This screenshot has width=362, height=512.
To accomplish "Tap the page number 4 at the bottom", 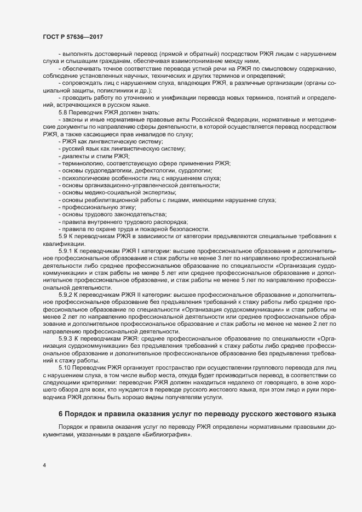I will [x=44, y=466].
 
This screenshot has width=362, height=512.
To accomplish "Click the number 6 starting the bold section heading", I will [x=61, y=412].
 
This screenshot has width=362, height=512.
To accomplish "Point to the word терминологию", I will [x=85, y=163].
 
